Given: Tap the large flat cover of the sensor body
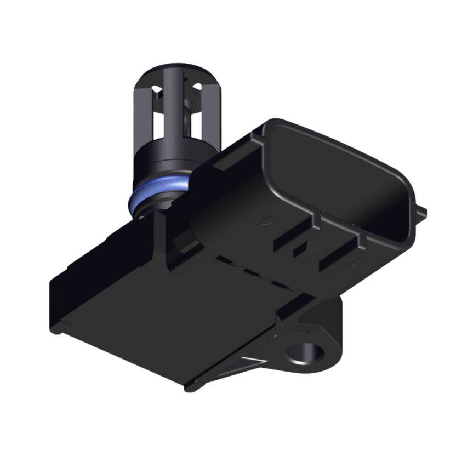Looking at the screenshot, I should pyautogui.click(x=164, y=307).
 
